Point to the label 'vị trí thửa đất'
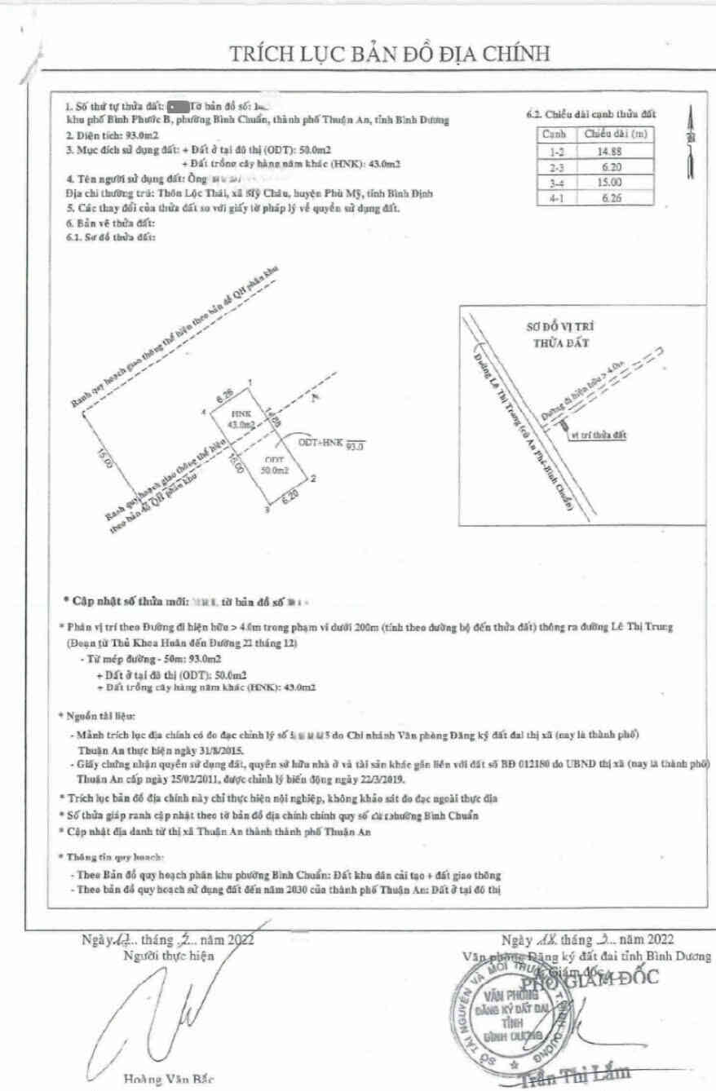click(x=599, y=435)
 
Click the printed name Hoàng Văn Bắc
click(x=168, y=1080)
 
